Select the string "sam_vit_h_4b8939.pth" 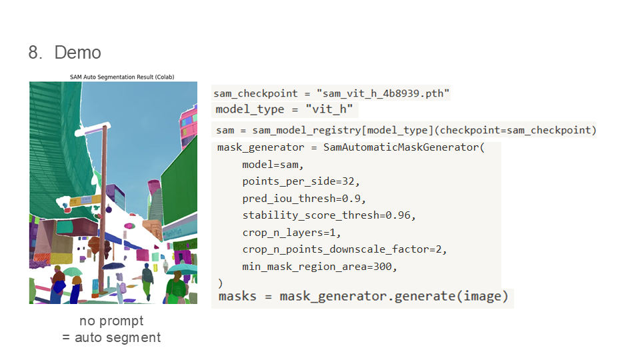384,93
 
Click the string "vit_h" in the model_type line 329,109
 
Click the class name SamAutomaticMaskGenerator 401,147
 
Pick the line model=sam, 273,165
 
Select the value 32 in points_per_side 353,181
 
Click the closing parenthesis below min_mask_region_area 221,283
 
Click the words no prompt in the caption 111,321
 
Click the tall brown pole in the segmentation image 103,213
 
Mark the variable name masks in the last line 237,296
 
